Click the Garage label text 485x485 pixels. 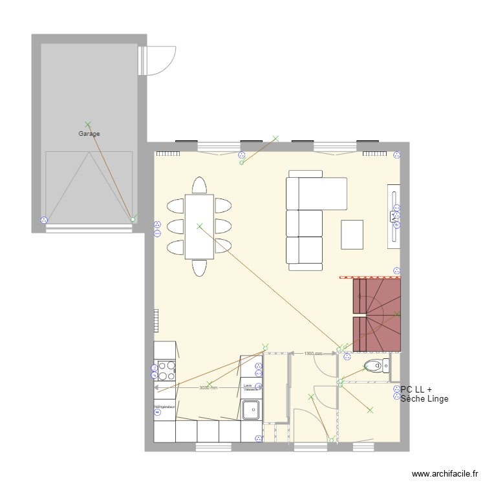(x=89, y=134)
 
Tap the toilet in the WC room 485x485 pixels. (x=374, y=366)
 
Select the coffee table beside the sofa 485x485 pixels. (x=352, y=235)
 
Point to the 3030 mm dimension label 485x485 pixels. (x=208, y=388)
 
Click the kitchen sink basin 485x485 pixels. (x=251, y=409)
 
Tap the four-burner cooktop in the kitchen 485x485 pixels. (x=165, y=371)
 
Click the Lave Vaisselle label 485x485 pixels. (x=251, y=387)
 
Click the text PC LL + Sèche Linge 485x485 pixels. (x=424, y=394)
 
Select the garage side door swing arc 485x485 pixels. (x=163, y=60)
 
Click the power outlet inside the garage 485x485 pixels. (x=44, y=220)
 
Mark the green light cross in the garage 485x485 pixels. (x=88, y=124)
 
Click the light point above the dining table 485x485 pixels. (x=199, y=226)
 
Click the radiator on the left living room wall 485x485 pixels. (x=156, y=319)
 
